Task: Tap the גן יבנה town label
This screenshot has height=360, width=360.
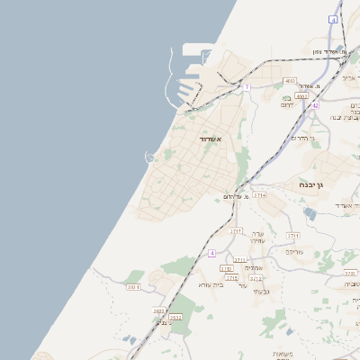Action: point(316,184)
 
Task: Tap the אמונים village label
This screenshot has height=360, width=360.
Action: point(253,267)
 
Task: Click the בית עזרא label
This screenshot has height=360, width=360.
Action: point(211,284)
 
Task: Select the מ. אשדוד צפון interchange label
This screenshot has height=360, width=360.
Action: point(330,51)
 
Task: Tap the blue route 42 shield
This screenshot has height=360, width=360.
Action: point(315,105)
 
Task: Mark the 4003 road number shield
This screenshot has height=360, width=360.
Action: point(301,95)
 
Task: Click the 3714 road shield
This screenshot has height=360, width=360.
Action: point(259,194)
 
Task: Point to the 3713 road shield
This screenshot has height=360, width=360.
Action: point(236,231)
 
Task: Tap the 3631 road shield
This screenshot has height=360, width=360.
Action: point(133,287)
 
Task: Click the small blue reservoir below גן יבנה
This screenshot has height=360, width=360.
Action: point(310,213)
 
